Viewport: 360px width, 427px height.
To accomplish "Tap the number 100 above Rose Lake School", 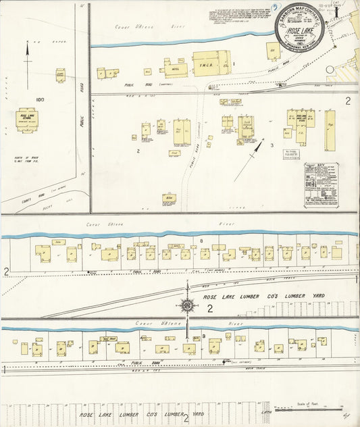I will [40, 100].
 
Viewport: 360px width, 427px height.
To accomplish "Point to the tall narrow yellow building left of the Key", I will [330, 130].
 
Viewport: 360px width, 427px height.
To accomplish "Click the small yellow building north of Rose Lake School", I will [60, 74].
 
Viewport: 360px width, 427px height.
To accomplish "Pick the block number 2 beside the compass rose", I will [209, 309].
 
